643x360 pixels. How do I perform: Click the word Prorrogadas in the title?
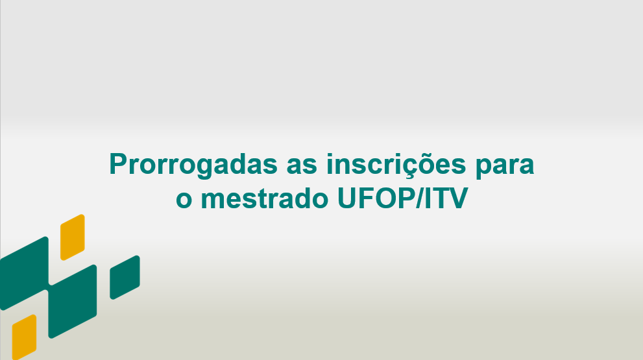click(193, 165)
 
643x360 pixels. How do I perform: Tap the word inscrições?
click(396, 165)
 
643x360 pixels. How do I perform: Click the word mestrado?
click(265, 198)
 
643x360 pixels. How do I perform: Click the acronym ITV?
click(446, 198)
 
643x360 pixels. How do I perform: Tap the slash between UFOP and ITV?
click(420, 198)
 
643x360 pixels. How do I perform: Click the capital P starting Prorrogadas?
click(119, 164)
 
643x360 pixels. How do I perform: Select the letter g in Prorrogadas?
click(208, 169)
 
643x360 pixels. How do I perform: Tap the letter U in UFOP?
click(347, 198)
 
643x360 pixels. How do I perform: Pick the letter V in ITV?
click(459, 198)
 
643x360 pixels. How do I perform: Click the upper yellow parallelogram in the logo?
click(73, 237)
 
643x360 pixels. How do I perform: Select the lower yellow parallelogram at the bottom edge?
click(24, 337)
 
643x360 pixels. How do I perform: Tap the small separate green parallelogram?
click(125, 277)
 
